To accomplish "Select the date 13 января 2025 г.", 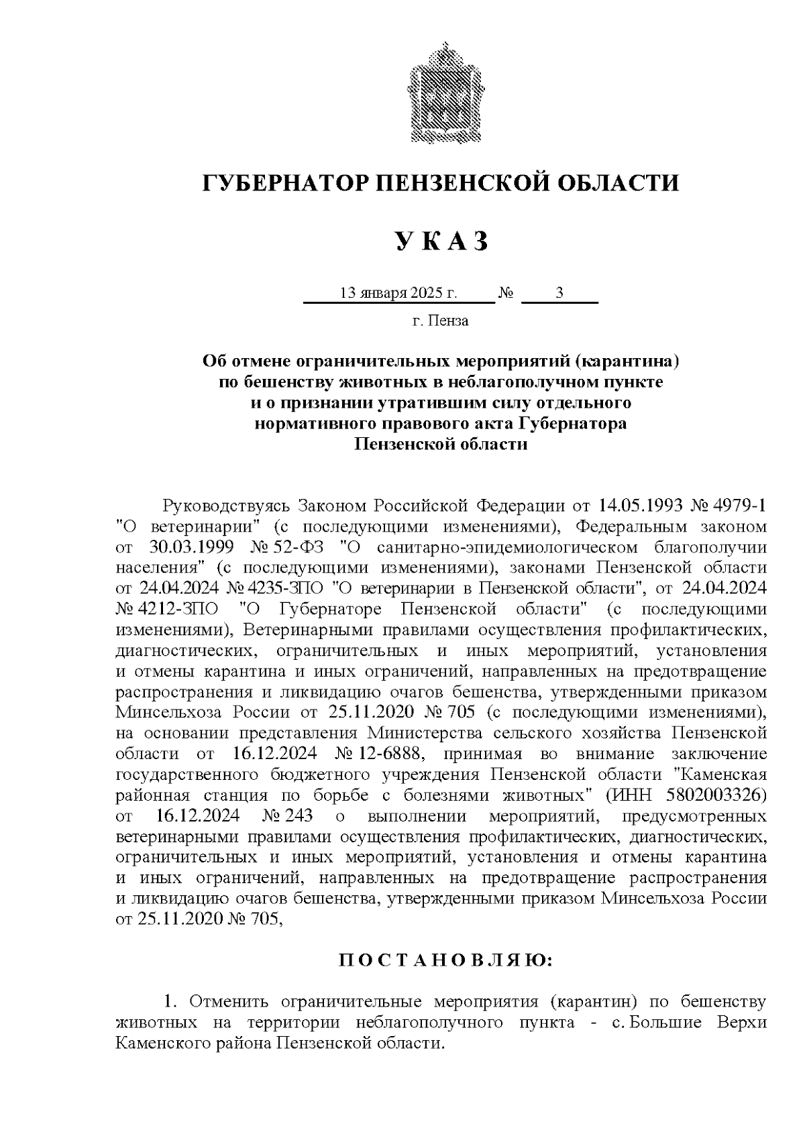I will (x=398, y=294).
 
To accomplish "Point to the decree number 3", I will (x=559, y=294).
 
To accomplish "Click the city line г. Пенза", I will (x=441, y=321).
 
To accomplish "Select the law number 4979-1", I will (x=737, y=504).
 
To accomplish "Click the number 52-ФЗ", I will (x=292, y=546).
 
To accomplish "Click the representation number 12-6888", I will (x=390, y=753).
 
